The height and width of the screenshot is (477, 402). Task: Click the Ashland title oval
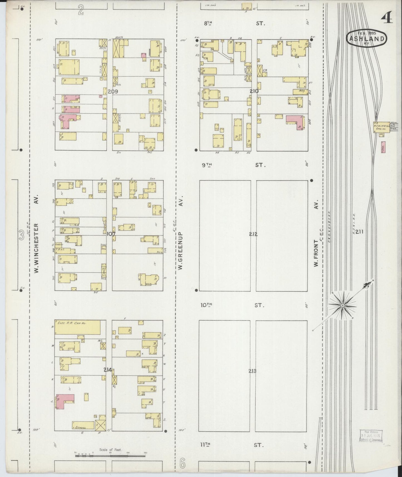366,38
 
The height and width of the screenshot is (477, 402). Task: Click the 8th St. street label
234,23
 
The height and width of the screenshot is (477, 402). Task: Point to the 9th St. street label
234,165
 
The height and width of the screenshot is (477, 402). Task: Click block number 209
113,91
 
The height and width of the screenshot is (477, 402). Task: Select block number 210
254,91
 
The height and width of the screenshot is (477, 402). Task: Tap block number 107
111,234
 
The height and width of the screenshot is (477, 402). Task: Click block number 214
108,370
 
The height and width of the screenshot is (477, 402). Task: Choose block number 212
253,234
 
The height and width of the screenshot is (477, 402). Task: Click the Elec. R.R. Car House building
77,327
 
